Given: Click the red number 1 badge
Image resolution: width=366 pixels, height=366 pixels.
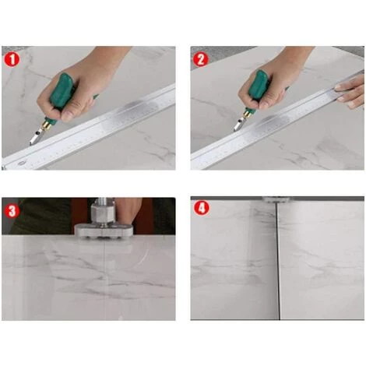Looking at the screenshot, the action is tap(12, 60).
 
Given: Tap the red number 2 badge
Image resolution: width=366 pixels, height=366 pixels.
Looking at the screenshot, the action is tap(201, 60).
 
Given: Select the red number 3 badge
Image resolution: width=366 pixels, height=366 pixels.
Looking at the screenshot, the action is tap(12, 211).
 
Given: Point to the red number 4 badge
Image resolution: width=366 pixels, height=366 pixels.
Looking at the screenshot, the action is tap(201, 208).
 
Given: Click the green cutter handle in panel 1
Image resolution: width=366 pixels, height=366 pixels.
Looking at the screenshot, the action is tap(62, 91).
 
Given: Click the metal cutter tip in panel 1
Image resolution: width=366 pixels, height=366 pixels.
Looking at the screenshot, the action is tap(35, 137).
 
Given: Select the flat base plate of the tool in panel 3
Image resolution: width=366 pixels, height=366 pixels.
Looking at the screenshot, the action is tap(104, 231).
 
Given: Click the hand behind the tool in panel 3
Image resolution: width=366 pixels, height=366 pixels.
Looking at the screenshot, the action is tap(128, 209).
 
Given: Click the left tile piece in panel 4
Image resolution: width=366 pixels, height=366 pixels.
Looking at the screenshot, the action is tap(234, 260).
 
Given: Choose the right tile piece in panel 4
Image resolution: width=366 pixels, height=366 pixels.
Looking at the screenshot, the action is tap(322, 260).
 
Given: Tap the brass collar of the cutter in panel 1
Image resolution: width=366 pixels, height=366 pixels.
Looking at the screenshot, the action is tap(48, 123).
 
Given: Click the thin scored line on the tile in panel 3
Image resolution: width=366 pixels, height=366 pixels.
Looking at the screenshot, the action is tap(105, 277).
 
